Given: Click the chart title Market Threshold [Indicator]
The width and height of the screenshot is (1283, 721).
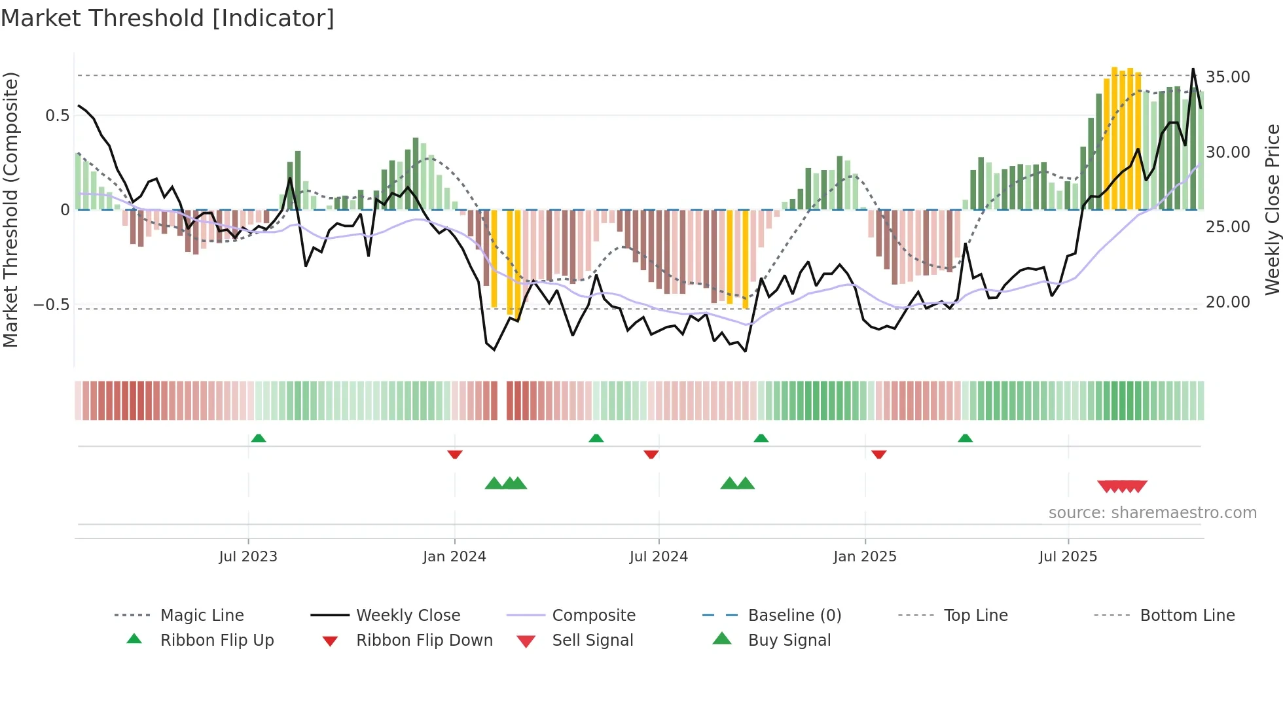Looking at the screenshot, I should point(168,18).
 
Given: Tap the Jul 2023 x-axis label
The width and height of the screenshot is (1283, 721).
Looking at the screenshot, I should point(248,557).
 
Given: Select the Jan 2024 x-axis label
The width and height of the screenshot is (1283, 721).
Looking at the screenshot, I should point(454,557).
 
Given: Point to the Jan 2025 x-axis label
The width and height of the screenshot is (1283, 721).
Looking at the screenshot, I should point(865,557).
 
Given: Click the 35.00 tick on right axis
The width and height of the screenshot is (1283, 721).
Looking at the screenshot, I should point(1228,77).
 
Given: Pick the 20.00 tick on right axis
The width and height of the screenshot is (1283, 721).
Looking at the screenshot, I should point(1228,302).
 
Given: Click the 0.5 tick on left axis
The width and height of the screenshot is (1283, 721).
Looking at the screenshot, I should point(57,116).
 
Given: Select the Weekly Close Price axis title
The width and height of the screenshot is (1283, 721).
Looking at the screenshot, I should point(1271,209).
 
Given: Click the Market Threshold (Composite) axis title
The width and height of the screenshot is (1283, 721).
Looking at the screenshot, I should point(10,209).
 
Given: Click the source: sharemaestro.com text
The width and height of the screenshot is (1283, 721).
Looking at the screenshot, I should point(1152,513).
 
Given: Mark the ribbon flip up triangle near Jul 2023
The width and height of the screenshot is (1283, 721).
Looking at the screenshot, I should point(259,438).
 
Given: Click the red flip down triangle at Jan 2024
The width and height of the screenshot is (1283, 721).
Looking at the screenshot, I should point(455,454).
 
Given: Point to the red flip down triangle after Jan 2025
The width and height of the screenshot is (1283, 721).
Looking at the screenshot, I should point(879,454).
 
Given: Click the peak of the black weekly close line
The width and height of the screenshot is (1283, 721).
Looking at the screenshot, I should point(1193,69).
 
